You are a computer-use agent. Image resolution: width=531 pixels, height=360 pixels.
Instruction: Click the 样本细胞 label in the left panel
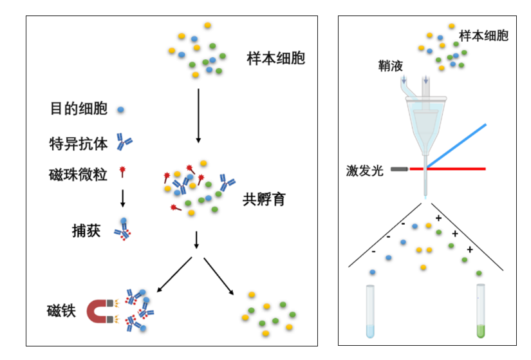point(275,59)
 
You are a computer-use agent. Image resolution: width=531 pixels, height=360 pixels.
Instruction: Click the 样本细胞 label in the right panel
point(483,35)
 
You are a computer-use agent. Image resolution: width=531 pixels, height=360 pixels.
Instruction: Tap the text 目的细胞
point(79,109)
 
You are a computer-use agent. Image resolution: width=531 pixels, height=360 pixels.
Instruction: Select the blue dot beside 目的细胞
point(120,109)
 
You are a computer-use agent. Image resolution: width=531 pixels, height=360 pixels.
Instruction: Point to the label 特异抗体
point(79,143)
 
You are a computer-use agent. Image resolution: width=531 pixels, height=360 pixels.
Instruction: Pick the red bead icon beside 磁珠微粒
point(122,172)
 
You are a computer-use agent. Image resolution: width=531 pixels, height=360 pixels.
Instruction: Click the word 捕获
point(86,231)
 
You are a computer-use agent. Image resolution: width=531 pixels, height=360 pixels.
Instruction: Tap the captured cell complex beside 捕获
point(122,230)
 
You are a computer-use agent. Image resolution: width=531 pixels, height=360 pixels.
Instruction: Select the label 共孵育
point(264,199)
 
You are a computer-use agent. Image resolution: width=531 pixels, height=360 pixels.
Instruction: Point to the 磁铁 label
point(62,311)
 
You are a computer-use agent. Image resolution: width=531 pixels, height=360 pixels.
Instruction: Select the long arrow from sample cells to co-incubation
point(198,116)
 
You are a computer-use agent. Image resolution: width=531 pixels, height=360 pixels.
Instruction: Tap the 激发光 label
point(365,170)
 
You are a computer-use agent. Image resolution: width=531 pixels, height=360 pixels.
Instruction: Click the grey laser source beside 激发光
point(398,169)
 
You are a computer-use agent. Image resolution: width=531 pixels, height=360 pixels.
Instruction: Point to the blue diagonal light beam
point(457,145)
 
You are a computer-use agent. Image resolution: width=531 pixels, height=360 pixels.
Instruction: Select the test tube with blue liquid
point(369,312)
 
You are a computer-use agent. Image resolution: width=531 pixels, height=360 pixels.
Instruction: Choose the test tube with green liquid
point(480,312)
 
